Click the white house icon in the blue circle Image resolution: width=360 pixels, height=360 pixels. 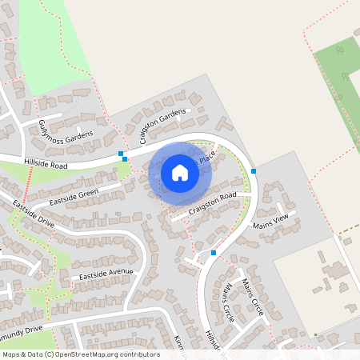coord(180,172)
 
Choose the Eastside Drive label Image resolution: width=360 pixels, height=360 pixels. coord(34,215)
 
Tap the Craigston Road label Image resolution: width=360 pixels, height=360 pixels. coord(213,203)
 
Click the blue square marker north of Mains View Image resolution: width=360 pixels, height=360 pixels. coord(254,170)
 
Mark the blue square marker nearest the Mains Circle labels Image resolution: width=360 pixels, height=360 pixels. coord(214,253)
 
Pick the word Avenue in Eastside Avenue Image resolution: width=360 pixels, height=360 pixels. coord(118,272)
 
